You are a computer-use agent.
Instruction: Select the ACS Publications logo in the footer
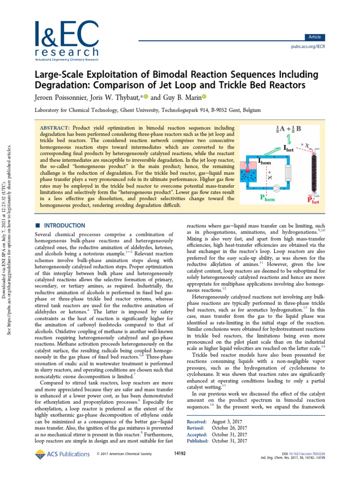pyautogui.click(x=62, y=454)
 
